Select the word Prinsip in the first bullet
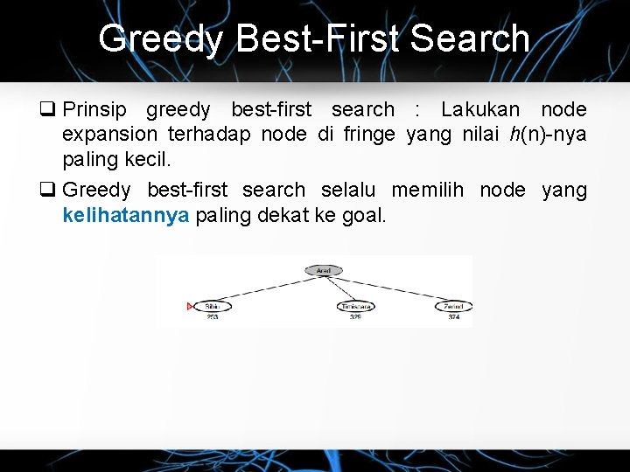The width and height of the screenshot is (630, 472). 94,110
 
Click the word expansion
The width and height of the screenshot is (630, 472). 109,135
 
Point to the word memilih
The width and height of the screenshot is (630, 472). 430,191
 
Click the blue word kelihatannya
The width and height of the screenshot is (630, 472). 126,215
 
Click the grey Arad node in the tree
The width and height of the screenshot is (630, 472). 323,271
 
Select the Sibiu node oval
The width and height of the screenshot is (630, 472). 212,306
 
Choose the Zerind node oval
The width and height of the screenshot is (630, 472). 453,306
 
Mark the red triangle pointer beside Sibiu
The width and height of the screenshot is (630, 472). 191,306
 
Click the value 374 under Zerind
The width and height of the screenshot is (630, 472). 453,318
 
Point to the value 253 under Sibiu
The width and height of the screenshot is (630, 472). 212,318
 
